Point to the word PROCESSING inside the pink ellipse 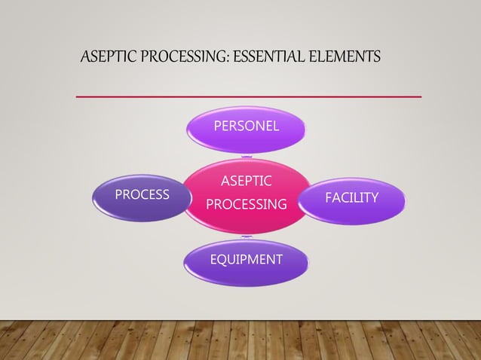tap(247, 204)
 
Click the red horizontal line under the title tap(249, 96)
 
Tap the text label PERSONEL tap(246, 126)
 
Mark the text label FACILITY tap(351, 197)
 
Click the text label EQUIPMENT tap(246, 260)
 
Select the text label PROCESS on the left tap(142, 195)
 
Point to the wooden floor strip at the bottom tap(240, 340)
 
